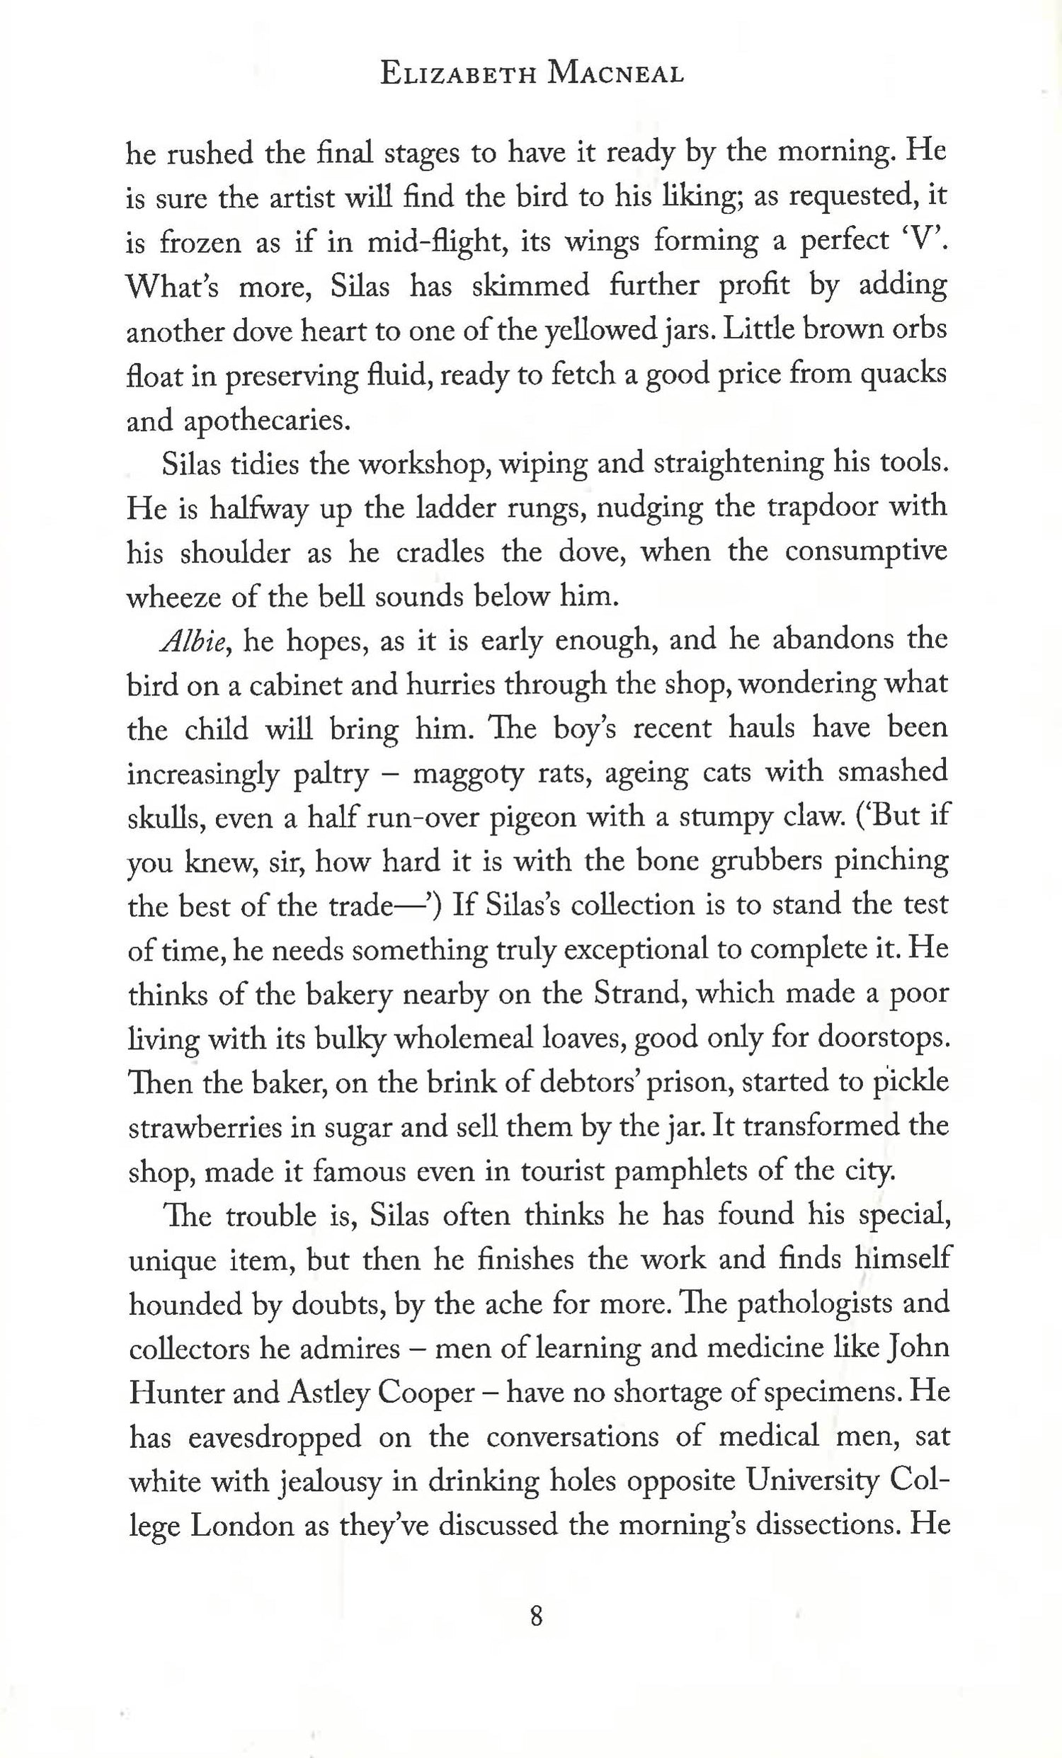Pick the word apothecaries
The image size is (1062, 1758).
tap(238, 422)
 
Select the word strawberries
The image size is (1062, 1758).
tap(210, 1128)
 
